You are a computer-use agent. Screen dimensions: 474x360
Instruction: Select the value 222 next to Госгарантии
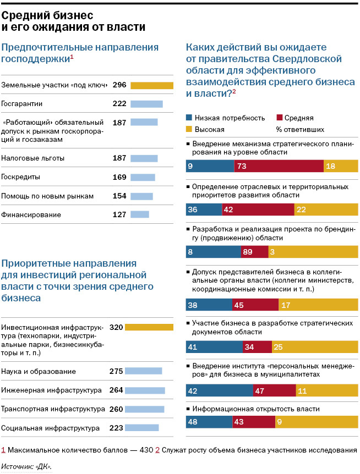point(119,103)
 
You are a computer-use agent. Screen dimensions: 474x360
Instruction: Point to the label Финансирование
point(31,215)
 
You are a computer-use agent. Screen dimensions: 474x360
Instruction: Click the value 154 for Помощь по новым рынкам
point(119,196)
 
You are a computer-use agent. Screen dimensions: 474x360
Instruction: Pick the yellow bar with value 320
point(149,327)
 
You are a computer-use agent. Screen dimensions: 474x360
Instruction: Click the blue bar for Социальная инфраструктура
point(141,428)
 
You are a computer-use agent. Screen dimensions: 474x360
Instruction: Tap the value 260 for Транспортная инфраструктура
point(117,409)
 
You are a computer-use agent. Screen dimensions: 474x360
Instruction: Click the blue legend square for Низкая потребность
point(189,118)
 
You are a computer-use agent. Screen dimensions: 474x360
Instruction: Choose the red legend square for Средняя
point(279,118)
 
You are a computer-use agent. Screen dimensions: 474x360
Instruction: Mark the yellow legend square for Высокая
point(189,129)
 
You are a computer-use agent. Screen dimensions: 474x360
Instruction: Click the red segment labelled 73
point(279,166)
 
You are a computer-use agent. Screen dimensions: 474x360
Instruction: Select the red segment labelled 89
point(254,252)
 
